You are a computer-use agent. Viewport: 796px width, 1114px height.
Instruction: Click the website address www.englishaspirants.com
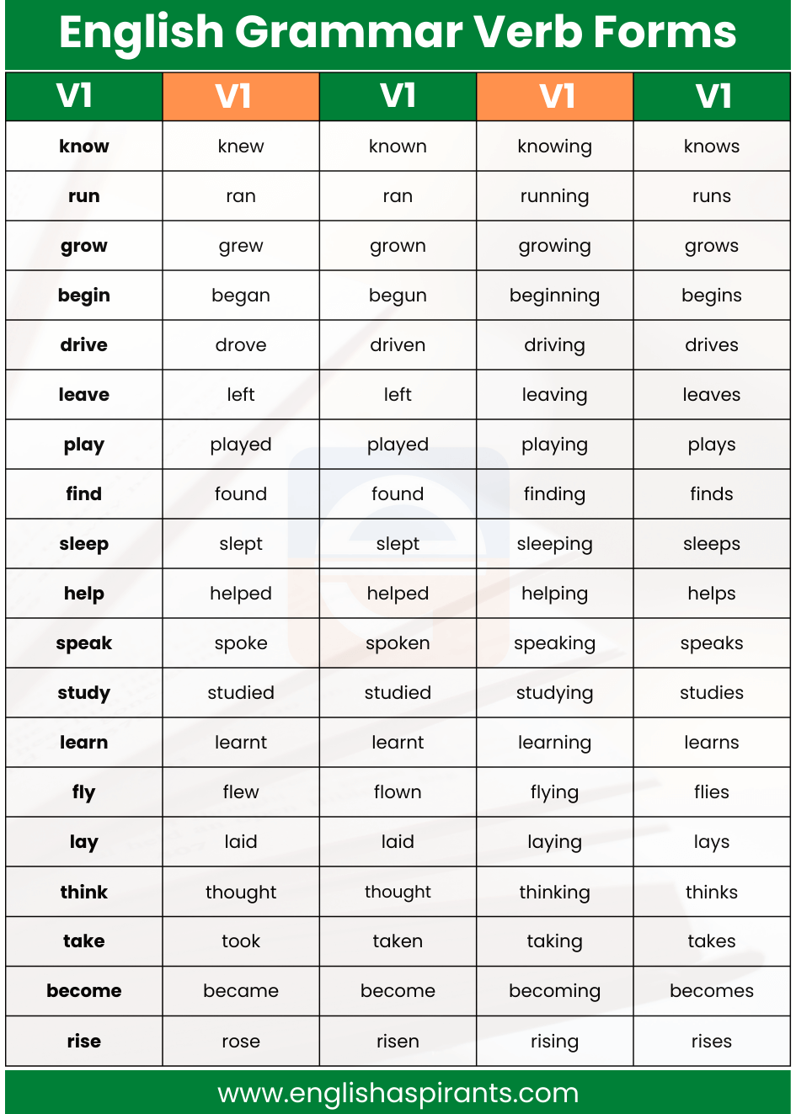click(398, 1093)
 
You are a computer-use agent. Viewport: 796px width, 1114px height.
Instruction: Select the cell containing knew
click(241, 147)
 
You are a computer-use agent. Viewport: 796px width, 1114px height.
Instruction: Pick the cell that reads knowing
click(554, 147)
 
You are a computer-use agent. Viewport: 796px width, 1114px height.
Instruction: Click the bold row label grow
click(84, 246)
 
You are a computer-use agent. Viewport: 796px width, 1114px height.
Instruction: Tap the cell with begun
click(398, 296)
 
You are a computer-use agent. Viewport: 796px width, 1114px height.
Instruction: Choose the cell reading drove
click(241, 345)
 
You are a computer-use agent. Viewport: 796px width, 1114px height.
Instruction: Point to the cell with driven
click(398, 345)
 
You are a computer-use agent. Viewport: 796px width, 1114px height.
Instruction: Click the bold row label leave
click(84, 395)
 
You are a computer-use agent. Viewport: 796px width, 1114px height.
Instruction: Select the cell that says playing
click(554, 445)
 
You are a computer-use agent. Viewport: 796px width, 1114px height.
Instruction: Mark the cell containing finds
click(712, 494)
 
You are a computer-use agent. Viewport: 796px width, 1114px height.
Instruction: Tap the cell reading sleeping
click(554, 544)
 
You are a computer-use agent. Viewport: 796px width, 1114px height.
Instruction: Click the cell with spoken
click(398, 643)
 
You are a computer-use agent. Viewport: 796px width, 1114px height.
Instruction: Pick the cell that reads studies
click(712, 693)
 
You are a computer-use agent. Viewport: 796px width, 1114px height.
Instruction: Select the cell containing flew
click(241, 792)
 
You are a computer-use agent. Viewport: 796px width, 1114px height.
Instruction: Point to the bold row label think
click(84, 892)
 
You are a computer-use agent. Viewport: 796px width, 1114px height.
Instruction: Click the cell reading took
click(241, 941)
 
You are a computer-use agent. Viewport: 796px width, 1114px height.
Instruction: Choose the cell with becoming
click(554, 991)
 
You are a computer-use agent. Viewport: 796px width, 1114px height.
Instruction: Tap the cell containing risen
click(398, 1042)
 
